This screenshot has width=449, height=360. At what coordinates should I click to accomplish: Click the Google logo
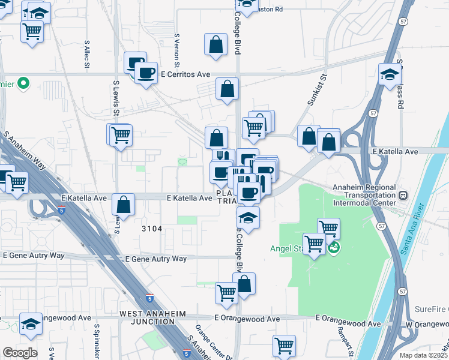click(20, 353)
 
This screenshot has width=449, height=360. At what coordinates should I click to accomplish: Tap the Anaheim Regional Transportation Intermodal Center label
click(363, 195)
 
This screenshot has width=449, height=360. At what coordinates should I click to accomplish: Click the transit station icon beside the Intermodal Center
click(402, 195)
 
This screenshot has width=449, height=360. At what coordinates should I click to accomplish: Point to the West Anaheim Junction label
click(152, 313)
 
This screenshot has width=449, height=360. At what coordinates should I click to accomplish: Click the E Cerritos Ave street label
click(185, 74)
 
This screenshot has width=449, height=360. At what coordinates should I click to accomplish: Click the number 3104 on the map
click(152, 229)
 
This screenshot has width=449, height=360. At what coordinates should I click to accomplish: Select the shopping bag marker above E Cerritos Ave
click(215, 44)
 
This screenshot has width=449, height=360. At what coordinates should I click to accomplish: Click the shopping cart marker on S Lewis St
click(121, 134)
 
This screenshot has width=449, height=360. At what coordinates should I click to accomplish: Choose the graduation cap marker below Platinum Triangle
click(248, 217)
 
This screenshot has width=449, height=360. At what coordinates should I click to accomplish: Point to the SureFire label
click(431, 310)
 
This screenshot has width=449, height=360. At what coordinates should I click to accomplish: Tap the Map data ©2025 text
click(424, 355)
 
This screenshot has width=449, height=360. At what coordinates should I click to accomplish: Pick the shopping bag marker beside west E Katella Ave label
click(123, 205)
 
